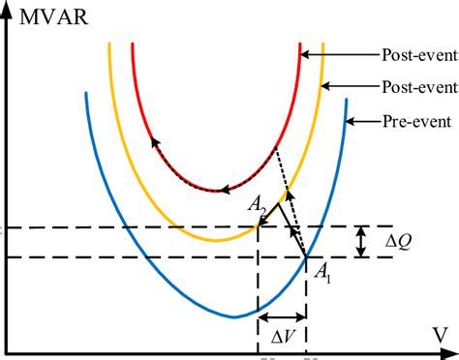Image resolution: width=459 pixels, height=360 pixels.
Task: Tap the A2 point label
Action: [257, 206]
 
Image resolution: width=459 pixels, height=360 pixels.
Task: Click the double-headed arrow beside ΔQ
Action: [360, 242]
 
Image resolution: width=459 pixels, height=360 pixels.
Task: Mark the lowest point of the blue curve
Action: [233, 316]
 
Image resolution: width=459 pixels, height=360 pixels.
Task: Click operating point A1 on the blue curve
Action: [306, 256]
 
